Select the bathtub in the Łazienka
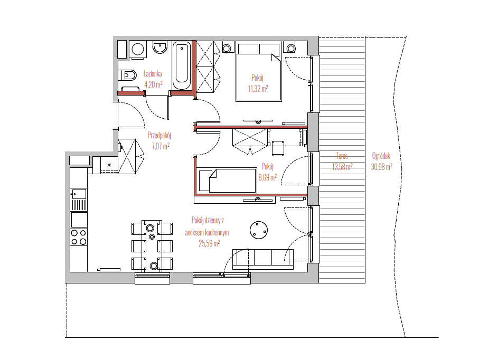[182, 67]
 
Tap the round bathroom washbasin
[159, 47]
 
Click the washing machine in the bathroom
[138, 49]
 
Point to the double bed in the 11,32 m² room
[258, 72]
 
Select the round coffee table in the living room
[259, 230]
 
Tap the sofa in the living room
[263, 259]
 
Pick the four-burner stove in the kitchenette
[79, 237]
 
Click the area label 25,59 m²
[209, 244]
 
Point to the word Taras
[342, 156]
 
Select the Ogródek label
[381, 156]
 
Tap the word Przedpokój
[159, 135]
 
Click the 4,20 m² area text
[153, 84]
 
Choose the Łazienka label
[153, 73]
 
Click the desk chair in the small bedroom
[278, 148]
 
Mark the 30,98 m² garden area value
[381, 167]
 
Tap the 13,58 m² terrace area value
[342, 167]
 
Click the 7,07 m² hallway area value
[161, 146]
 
